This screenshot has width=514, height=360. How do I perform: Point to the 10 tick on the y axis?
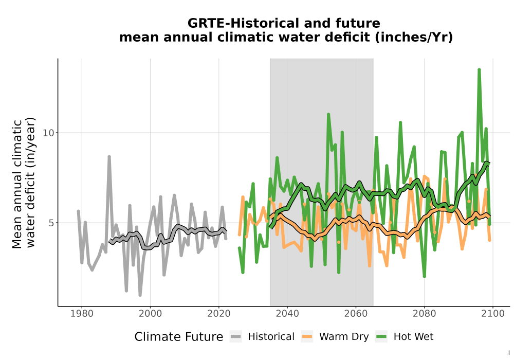(48, 133)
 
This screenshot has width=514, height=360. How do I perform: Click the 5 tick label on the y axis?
(51, 223)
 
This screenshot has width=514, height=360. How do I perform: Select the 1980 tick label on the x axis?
(82, 314)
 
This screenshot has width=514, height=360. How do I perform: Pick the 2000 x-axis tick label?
(150, 314)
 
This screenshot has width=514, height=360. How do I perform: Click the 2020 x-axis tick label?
(218, 314)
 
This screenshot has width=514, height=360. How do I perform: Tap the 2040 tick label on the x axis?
(287, 314)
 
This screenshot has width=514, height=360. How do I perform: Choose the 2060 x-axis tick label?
(356, 314)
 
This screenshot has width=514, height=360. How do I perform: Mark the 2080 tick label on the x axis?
(424, 314)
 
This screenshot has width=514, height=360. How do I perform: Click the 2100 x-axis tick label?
(493, 314)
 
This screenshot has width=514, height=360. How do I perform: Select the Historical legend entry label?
(271, 337)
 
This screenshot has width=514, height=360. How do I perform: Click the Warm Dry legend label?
(344, 337)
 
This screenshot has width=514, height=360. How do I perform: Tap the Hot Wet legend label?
(413, 337)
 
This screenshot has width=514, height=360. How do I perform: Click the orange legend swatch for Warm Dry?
(307, 336)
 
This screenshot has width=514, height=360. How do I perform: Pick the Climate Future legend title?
(179, 337)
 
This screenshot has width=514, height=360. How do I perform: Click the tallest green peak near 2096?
(479, 70)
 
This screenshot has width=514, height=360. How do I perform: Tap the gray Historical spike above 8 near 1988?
(109, 157)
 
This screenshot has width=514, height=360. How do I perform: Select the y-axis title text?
(24, 183)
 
